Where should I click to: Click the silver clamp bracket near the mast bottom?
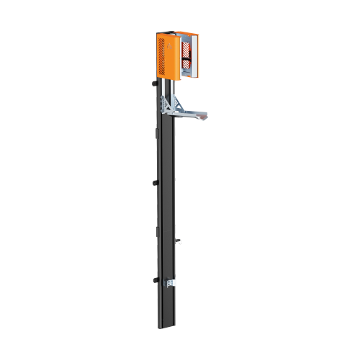click(x=170, y=283)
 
